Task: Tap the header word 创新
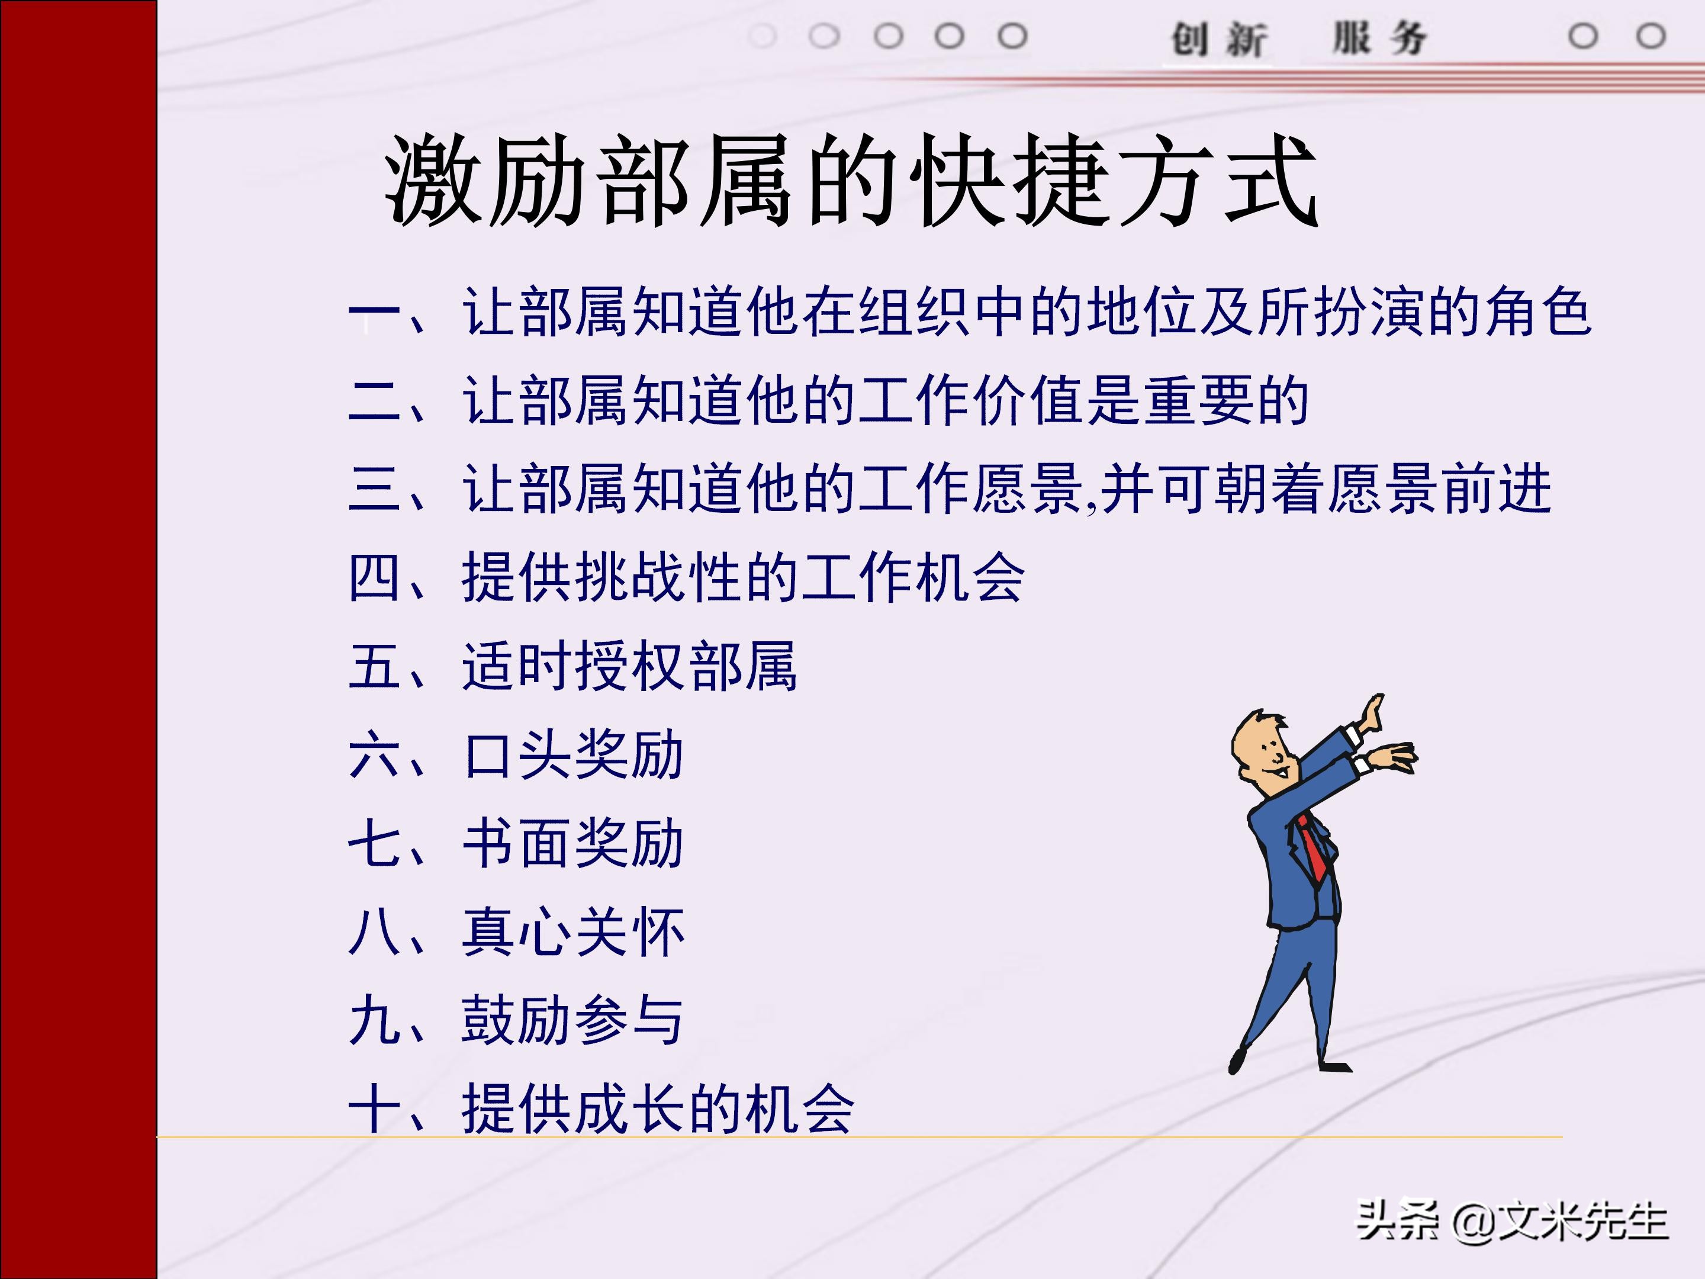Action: [1218, 38]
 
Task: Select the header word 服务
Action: [1380, 38]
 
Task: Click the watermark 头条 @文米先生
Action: [1511, 1220]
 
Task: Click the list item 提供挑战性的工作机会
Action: [743, 577]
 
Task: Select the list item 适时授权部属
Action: [629, 666]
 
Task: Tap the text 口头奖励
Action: [574, 755]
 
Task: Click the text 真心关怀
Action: [574, 932]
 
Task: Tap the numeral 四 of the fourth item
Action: [374, 577]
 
